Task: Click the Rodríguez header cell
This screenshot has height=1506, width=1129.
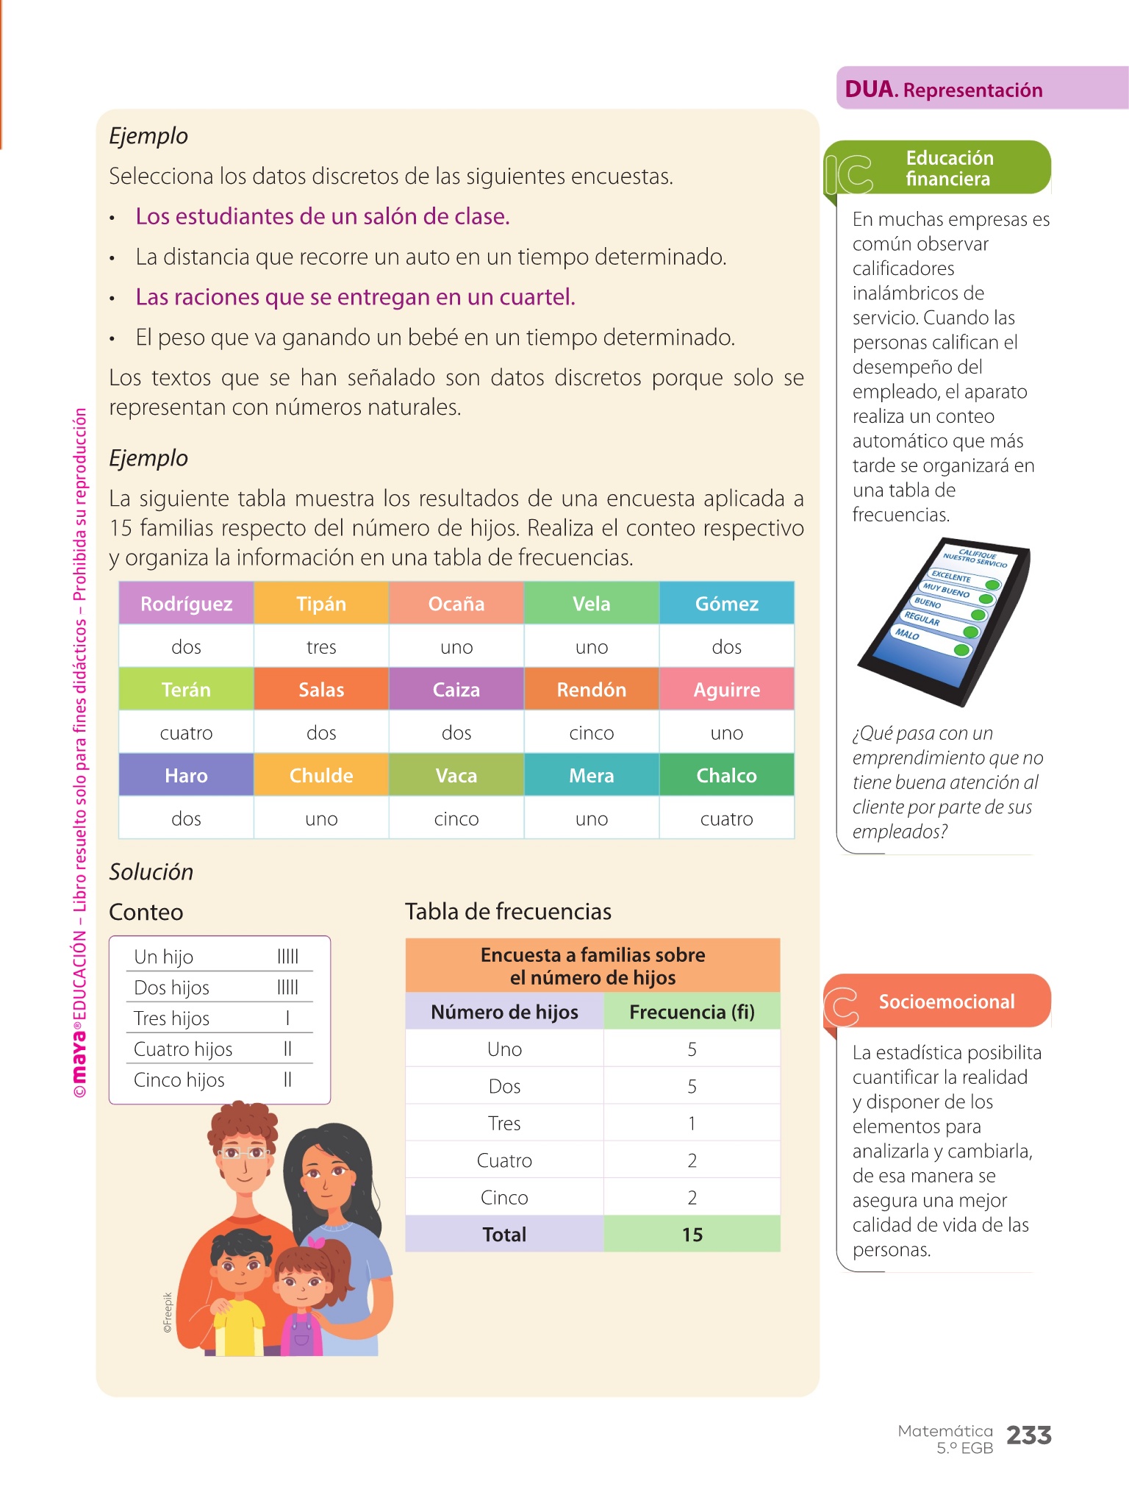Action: (x=186, y=604)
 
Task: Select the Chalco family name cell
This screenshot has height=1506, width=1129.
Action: (x=726, y=776)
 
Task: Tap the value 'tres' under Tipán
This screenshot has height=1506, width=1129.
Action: (x=321, y=647)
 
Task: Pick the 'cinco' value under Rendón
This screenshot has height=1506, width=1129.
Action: (x=591, y=733)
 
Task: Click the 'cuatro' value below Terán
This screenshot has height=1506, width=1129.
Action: (x=186, y=733)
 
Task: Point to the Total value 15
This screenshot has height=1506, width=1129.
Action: (x=692, y=1235)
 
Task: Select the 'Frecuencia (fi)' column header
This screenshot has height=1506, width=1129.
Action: (x=692, y=1012)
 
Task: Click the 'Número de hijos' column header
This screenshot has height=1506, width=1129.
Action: (x=504, y=1012)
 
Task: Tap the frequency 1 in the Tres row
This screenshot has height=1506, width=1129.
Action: (x=692, y=1124)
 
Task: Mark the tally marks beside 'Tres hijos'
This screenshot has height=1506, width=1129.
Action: (x=287, y=1018)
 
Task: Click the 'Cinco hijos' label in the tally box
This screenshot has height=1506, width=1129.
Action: (x=179, y=1080)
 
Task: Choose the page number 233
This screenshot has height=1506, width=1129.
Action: (x=1028, y=1435)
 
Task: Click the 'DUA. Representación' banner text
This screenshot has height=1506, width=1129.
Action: (x=944, y=90)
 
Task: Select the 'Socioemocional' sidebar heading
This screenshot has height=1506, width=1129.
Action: (x=947, y=1002)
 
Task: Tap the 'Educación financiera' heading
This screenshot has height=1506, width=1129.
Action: (x=949, y=168)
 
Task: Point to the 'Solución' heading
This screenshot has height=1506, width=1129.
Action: (x=151, y=872)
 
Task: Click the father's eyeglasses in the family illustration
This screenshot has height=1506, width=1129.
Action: (x=242, y=1153)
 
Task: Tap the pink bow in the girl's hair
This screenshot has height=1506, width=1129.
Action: (x=316, y=1242)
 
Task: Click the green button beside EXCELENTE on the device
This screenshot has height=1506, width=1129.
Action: (x=992, y=585)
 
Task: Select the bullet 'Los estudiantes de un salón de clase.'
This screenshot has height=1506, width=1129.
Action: (x=322, y=217)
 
